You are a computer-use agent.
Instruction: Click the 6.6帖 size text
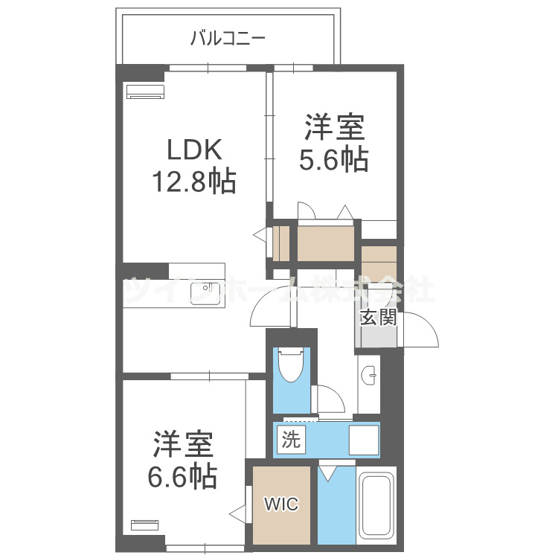[185, 475]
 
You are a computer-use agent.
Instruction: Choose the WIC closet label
[281, 505]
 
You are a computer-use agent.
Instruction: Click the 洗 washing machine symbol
[291, 439]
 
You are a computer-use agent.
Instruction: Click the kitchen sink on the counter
[202, 289]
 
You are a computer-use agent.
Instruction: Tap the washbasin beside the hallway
[369, 376]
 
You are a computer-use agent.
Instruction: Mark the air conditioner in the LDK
[145, 92]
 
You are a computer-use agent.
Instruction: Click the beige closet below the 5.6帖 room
[326, 243]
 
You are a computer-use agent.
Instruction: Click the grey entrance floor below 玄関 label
[378, 336]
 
